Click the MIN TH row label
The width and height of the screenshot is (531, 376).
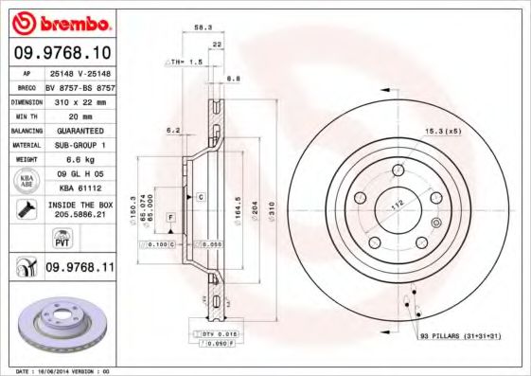point(25,116)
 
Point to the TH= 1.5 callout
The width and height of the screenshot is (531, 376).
point(185,62)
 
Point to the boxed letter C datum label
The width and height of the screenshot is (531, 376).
point(200,196)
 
